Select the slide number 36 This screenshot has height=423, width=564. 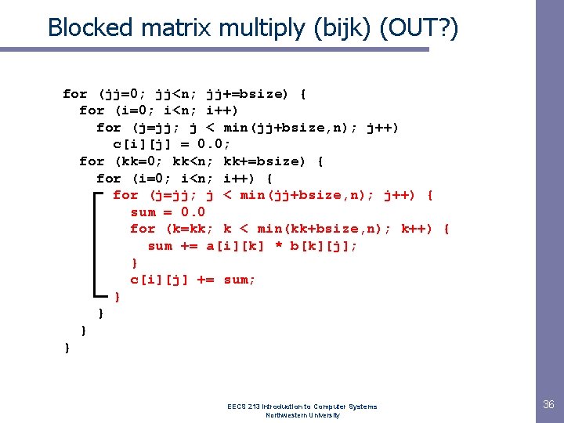[548, 404]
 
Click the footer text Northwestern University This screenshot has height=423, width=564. [302, 415]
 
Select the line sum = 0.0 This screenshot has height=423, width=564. [168, 212]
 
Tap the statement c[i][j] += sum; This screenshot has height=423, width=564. [193, 280]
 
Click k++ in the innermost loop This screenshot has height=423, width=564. [414, 229]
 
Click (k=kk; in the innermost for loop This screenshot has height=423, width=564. [191, 229]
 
